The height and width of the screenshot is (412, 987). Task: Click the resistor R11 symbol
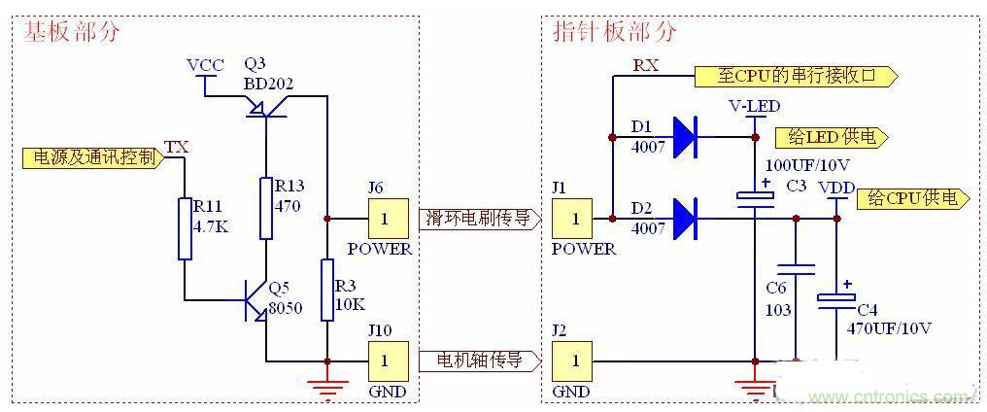[x=185, y=228]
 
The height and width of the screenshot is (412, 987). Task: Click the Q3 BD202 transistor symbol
[x=265, y=110]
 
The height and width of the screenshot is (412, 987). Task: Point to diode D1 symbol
[x=686, y=137]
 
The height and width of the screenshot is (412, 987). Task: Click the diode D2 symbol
[x=686, y=219]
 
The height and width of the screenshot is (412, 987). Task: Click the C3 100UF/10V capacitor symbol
[x=755, y=196]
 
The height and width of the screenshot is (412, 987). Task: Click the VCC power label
[x=205, y=65]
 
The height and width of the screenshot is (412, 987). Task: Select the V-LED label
[x=754, y=105]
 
